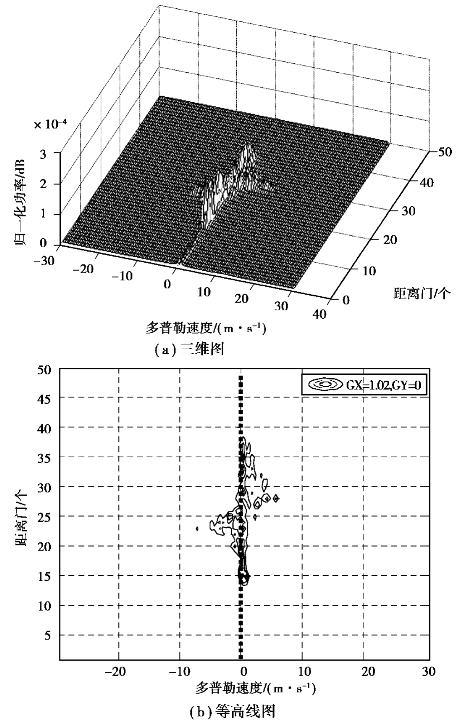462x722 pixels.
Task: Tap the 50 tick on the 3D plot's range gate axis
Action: pyautogui.click(x=444, y=151)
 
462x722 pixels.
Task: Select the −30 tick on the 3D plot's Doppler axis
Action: pyautogui.click(x=44, y=261)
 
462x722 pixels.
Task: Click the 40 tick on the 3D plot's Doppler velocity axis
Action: pyautogui.click(x=319, y=314)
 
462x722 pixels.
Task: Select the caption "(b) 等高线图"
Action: pyautogui.click(x=232, y=711)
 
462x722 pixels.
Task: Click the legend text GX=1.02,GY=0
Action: pyautogui.click(x=382, y=383)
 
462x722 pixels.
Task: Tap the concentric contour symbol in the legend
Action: pyautogui.click(x=323, y=383)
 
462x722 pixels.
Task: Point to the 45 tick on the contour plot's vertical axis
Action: pyautogui.click(x=46, y=397)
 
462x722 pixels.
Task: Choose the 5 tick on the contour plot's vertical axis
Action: pyautogui.click(x=49, y=635)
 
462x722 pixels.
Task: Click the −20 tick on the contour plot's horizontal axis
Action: pyautogui.click(x=115, y=672)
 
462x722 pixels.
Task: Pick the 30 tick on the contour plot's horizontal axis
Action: pyautogui.click(x=429, y=672)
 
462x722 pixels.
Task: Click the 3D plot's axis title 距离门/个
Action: pyautogui.click(x=422, y=294)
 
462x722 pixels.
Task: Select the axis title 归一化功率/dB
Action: pyautogui.click(x=21, y=202)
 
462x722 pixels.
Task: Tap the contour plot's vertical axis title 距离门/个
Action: pyautogui.click(x=21, y=515)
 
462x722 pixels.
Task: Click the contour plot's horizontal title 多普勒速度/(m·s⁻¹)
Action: pyautogui.click(x=256, y=689)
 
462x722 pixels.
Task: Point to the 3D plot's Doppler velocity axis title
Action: pyautogui.click(x=207, y=328)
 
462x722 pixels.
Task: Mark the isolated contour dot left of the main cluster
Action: pyautogui.click(x=197, y=529)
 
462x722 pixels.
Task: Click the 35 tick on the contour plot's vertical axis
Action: pyautogui.click(x=46, y=457)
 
